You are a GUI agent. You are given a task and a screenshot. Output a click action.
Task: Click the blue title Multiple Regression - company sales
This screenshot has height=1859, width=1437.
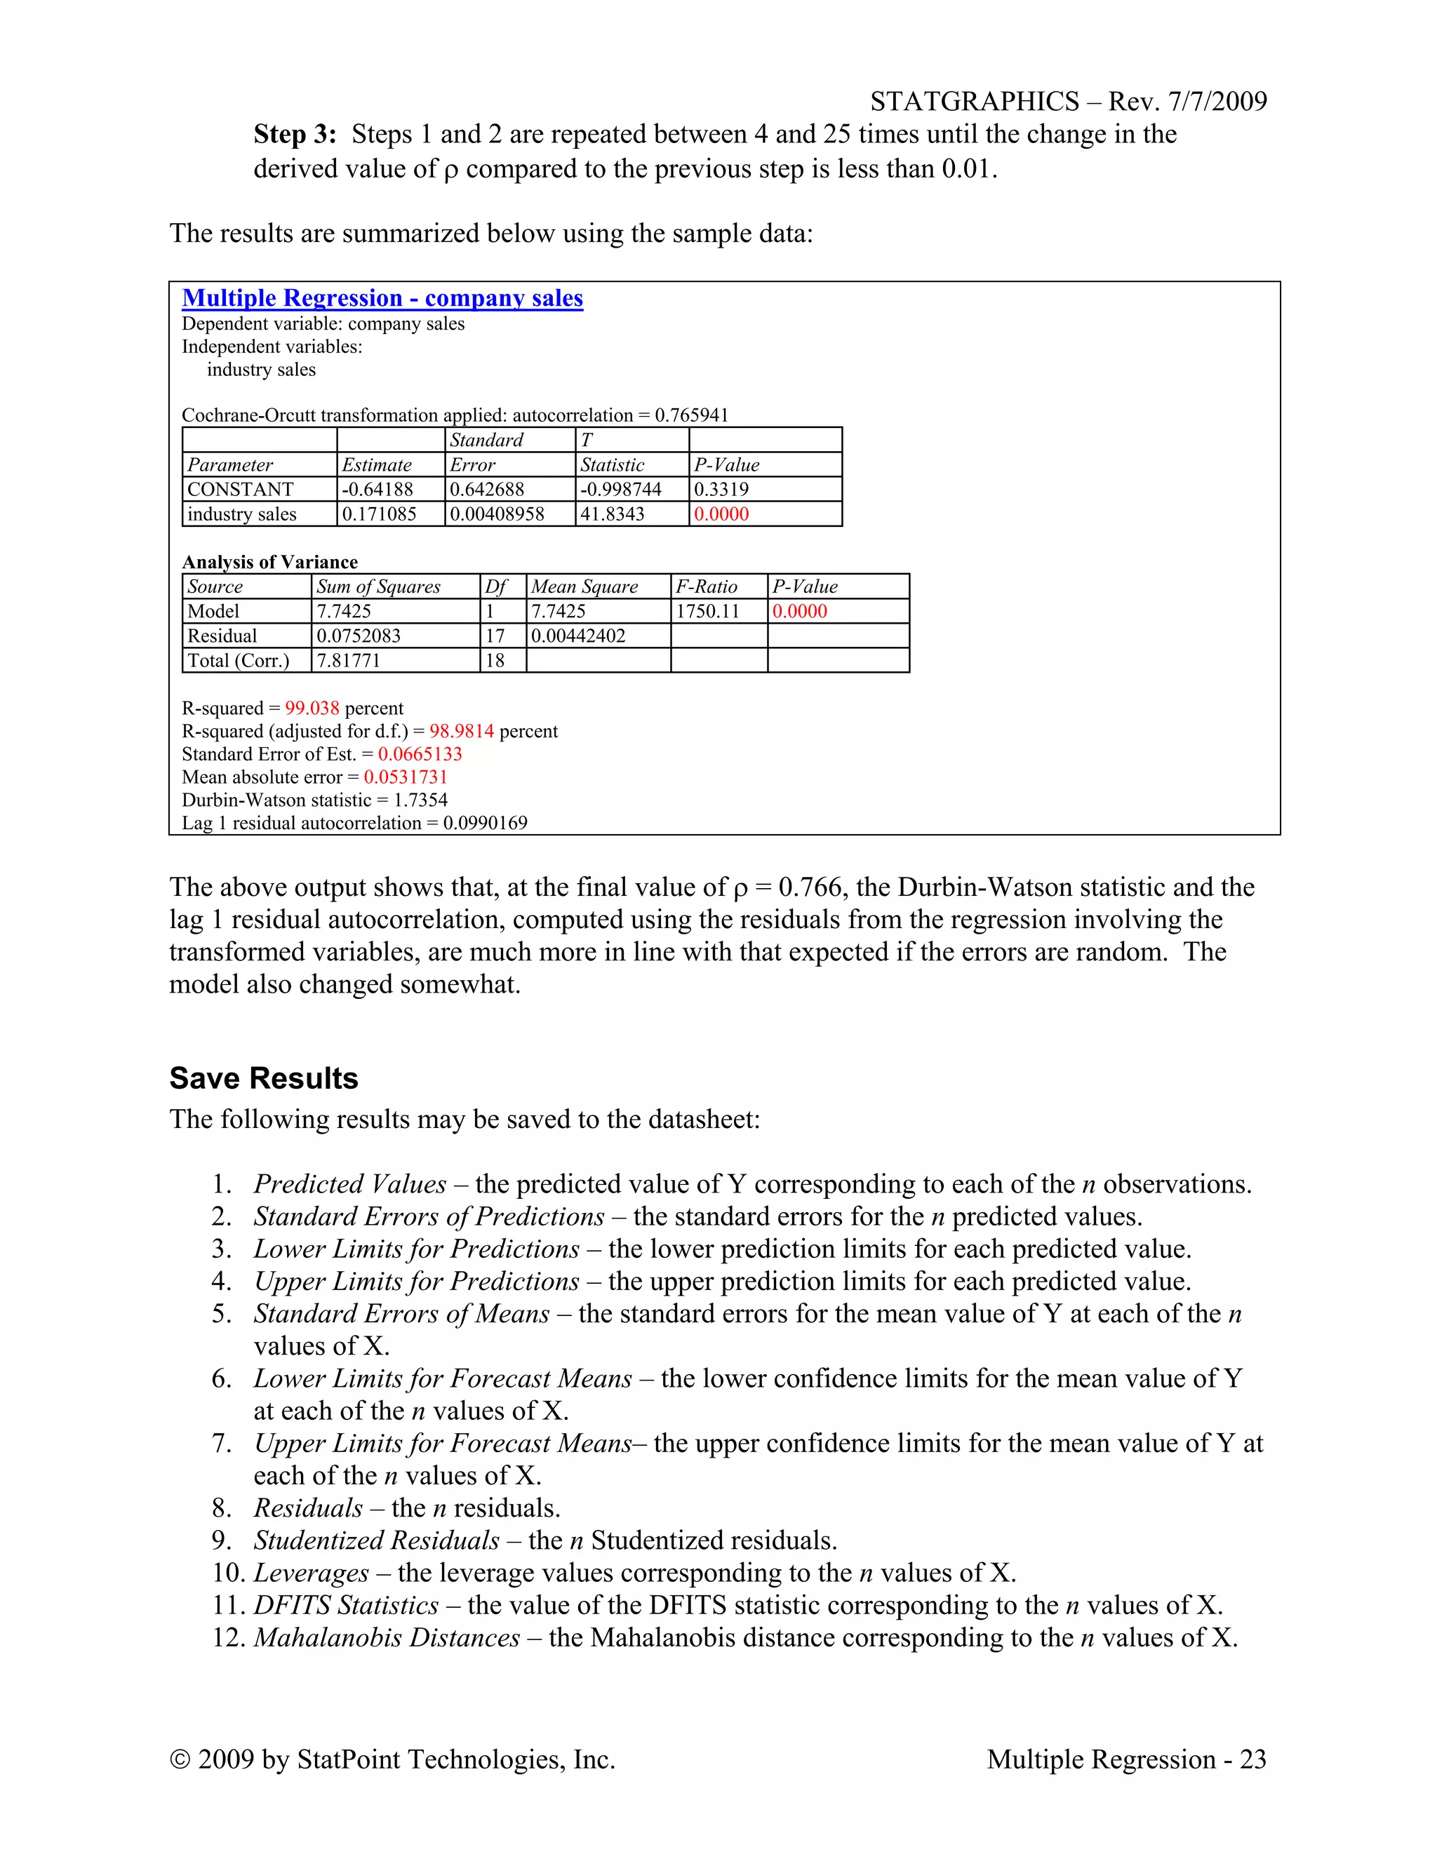[x=382, y=298]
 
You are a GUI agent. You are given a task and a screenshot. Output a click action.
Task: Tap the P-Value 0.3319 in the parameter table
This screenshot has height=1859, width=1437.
[x=721, y=490]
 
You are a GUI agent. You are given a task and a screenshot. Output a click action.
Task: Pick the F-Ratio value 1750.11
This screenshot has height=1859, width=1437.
[x=707, y=611]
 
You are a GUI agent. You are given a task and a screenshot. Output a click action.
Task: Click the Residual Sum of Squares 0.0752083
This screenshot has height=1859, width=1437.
[x=359, y=636]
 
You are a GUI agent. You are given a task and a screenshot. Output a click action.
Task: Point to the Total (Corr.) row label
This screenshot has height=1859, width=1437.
[x=239, y=661]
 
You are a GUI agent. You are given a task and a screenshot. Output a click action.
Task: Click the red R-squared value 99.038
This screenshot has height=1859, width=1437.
[x=312, y=709]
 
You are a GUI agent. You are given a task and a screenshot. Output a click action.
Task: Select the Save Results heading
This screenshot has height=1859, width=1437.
[x=264, y=1078]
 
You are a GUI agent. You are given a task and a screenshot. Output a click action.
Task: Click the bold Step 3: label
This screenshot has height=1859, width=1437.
[x=295, y=135]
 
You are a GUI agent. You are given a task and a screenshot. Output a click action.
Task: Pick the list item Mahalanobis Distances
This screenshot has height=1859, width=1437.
[x=387, y=1638]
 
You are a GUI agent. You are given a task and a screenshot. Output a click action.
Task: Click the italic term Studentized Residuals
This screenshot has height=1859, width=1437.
[x=376, y=1541]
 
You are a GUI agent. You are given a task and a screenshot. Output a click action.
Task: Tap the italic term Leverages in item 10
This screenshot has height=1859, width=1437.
[x=312, y=1573]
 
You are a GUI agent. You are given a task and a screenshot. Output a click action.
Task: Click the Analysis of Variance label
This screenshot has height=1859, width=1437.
[x=270, y=562]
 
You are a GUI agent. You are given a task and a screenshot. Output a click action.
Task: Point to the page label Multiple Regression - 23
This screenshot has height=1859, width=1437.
[x=1125, y=1759]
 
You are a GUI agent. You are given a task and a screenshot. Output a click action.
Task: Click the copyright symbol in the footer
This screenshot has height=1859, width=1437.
[x=180, y=1759]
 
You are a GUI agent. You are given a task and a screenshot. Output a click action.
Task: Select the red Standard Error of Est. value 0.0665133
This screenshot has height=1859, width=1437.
[x=420, y=754]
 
